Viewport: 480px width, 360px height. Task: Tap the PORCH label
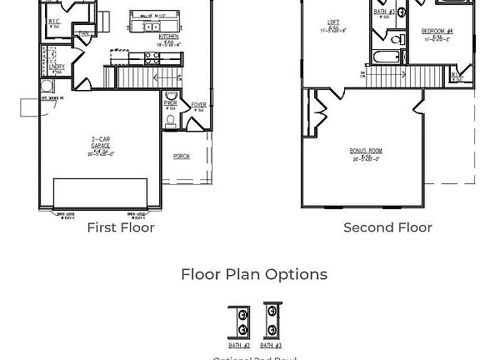tap(181, 156)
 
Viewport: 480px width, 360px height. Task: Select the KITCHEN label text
tap(168, 37)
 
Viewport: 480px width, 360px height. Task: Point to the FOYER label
tap(198, 105)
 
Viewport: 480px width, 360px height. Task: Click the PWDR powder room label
tap(171, 103)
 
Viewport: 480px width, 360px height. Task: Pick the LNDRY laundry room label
tap(56, 67)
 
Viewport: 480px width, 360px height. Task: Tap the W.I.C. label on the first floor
tap(53, 21)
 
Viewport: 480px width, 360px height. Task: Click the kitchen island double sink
tap(152, 27)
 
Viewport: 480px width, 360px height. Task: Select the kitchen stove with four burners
tap(152, 58)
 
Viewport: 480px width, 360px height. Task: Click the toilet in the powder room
tap(171, 122)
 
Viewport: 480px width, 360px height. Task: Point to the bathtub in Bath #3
tap(388, 58)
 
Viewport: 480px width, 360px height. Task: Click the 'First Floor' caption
tap(121, 227)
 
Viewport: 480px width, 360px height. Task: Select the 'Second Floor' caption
tap(387, 227)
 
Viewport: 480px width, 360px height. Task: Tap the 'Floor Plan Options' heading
tap(254, 274)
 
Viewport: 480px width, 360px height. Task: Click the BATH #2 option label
tap(239, 345)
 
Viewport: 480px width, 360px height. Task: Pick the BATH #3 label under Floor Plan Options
tap(271, 345)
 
